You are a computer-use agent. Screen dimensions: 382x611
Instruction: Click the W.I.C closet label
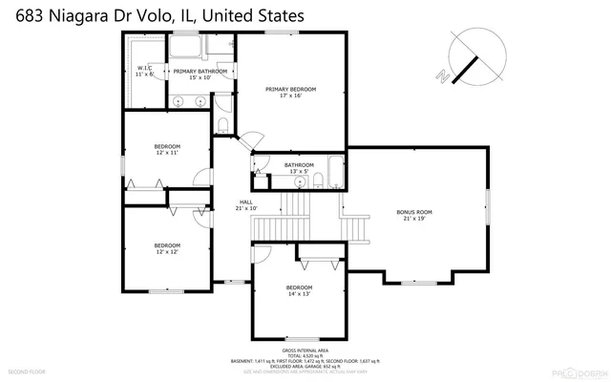pyautogui.click(x=145, y=71)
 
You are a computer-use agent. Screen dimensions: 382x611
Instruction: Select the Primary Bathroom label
pyautogui.click(x=200, y=74)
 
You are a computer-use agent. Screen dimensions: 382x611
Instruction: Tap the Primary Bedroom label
pyautogui.click(x=290, y=92)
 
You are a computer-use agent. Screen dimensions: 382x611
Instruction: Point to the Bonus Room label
pyautogui.click(x=414, y=215)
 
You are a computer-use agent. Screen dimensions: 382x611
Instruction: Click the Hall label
pyautogui.click(x=245, y=204)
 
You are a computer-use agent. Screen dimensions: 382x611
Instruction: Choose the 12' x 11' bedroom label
pyautogui.click(x=167, y=149)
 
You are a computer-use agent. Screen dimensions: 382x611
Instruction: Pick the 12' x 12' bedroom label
pyautogui.click(x=167, y=248)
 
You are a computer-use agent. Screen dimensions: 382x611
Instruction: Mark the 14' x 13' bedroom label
pyautogui.click(x=299, y=290)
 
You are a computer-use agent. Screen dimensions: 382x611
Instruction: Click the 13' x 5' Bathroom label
pyautogui.click(x=299, y=168)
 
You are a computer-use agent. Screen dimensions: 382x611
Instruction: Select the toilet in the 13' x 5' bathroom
pyautogui.click(x=260, y=174)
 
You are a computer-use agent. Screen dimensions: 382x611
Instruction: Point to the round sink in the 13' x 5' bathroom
pyautogui.click(x=299, y=181)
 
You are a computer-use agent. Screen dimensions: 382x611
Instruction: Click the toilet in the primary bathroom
pyautogui.click(x=221, y=127)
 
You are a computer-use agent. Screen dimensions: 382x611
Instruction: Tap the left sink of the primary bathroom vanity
pyautogui.click(x=179, y=102)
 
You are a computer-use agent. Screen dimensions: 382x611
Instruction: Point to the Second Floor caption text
pyautogui.click(x=26, y=370)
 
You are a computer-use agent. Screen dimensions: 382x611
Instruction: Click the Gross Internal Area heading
pyautogui.click(x=305, y=350)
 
